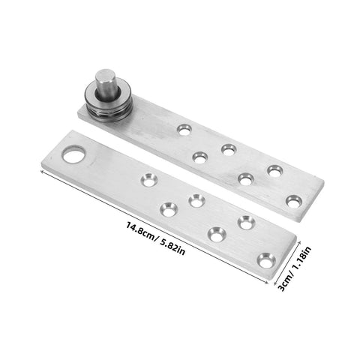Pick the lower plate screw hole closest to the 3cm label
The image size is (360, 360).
click(x=265, y=260)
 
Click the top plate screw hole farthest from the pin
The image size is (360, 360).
click(x=294, y=200)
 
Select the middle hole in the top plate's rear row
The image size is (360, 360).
click(x=228, y=150)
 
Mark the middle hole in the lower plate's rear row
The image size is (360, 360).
click(x=196, y=200)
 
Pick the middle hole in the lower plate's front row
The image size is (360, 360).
click(x=216, y=235)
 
